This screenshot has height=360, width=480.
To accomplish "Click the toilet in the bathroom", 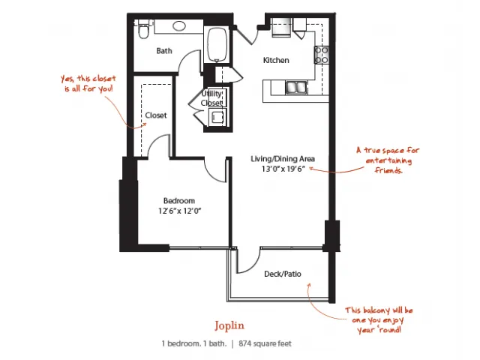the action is (x=143, y=29).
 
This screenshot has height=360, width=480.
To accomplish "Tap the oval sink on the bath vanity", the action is (x=179, y=25).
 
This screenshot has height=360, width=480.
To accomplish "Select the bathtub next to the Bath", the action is (x=217, y=45).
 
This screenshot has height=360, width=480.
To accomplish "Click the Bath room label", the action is (x=164, y=51).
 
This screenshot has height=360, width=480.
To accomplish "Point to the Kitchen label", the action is (x=276, y=60).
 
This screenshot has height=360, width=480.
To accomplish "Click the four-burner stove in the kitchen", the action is (x=322, y=55).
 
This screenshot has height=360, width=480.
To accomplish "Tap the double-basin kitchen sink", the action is (x=296, y=87).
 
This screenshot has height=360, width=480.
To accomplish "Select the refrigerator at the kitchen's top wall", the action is (x=281, y=27).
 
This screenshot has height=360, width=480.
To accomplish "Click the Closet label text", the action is (x=156, y=115).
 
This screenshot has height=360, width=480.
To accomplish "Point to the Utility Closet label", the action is (x=211, y=98).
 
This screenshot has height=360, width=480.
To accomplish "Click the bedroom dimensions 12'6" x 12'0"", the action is (x=179, y=211).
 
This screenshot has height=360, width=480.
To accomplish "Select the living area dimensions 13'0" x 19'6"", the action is (x=283, y=169).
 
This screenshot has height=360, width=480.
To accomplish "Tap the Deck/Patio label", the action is (x=283, y=274).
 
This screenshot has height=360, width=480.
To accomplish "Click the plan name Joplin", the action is (x=229, y=325).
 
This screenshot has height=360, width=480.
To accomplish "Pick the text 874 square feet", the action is (x=265, y=343).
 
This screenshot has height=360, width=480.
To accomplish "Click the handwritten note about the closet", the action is (x=88, y=83).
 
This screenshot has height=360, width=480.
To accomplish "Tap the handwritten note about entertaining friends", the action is (x=388, y=160).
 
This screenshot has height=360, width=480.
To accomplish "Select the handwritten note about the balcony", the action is (x=379, y=320).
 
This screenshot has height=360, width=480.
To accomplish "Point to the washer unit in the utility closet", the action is (x=217, y=118).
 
